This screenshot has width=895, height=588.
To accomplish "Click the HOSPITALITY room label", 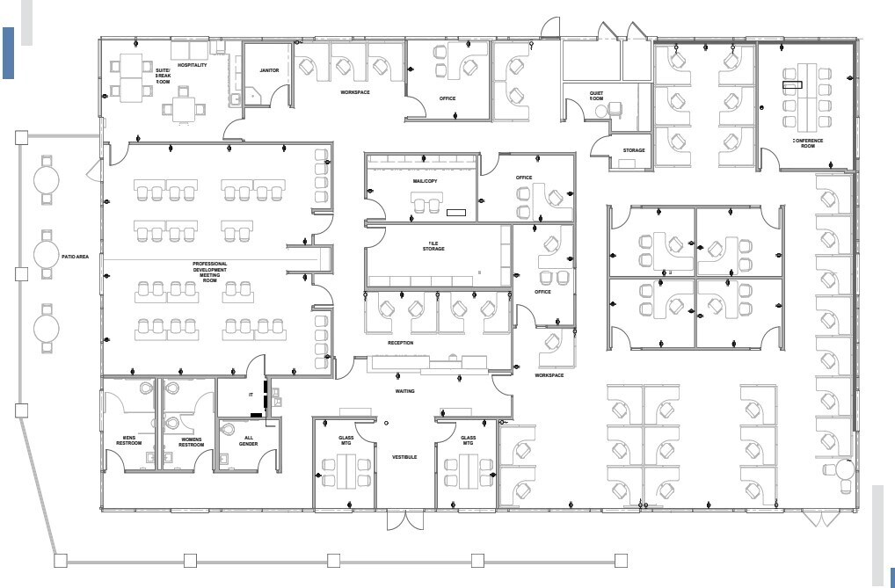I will (193, 65).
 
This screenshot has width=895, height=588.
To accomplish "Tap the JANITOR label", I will (269, 70).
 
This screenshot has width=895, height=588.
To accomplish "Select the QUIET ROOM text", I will (597, 96).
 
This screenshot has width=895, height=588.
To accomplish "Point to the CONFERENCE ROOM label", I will (807, 143).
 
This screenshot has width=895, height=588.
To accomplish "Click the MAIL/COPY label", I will (425, 181).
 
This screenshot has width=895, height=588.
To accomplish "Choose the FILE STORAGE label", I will (433, 246).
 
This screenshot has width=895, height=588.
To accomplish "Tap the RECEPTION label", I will (400, 343).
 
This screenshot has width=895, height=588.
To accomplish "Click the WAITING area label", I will (404, 391).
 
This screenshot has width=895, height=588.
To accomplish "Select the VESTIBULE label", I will (404, 457).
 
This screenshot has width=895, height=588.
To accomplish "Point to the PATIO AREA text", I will (76, 257).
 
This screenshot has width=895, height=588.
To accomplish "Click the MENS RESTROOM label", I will (129, 441).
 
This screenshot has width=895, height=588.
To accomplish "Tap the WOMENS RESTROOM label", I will (191, 441).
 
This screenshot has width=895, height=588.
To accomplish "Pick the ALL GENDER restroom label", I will (248, 441).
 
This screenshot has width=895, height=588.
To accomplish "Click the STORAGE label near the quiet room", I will (634, 150).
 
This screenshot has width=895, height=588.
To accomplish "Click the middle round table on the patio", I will (46, 255).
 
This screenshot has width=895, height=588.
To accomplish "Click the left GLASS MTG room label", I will (346, 441).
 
